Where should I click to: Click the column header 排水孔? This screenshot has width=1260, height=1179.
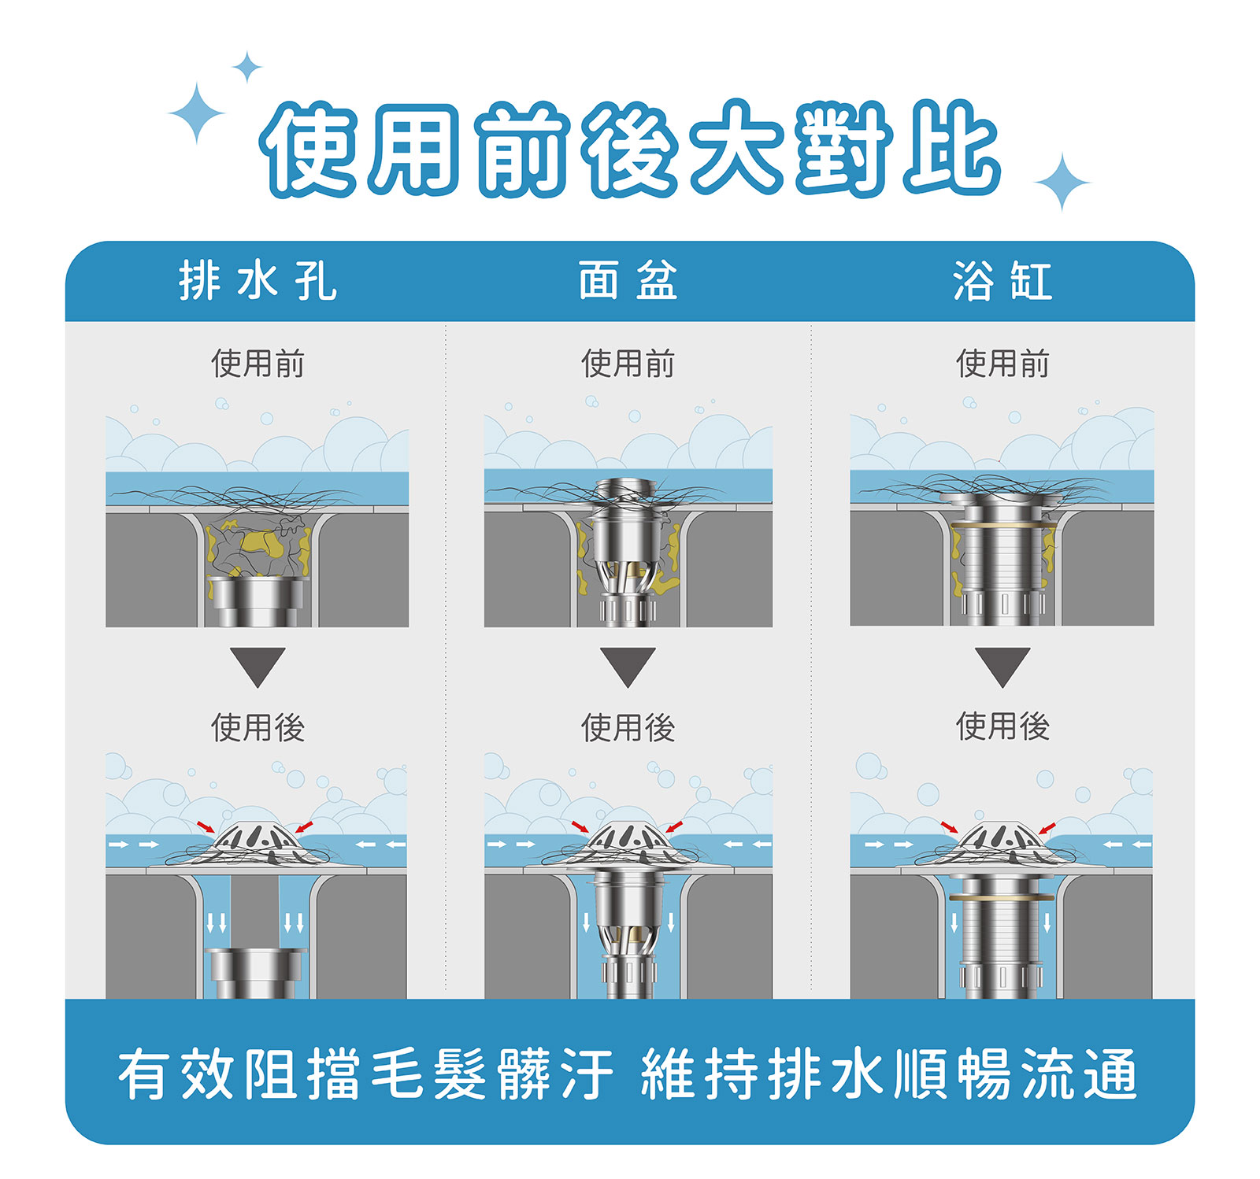tap(258, 281)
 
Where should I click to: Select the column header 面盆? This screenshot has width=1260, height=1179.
tap(628, 281)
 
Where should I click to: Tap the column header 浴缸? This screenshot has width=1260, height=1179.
tap(1002, 281)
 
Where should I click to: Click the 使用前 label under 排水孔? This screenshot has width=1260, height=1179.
tap(258, 364)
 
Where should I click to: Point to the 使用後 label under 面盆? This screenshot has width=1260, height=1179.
tap(628, 727)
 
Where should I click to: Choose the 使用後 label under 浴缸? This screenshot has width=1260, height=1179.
tap(1002, 726)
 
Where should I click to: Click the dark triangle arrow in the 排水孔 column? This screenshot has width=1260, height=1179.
tap(258, 666)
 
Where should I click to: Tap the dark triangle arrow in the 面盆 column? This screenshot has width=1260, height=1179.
tap(628, 666)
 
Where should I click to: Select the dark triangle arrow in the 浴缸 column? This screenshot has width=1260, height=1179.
tap(1002, 666)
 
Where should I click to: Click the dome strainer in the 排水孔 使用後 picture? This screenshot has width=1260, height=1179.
tap(257, 842)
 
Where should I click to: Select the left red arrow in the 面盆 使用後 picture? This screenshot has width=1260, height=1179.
tap(580, 827)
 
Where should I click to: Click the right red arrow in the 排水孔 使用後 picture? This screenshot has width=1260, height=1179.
tap(304, 826)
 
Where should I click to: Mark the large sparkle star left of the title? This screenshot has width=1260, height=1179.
tap(196, 113)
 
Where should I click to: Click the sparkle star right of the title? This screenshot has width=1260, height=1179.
tap(1062, 183)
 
